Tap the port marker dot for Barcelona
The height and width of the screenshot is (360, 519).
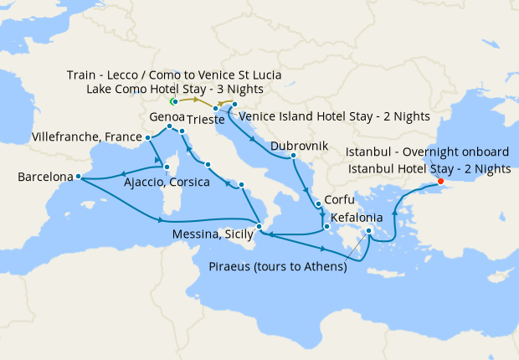(x=77, y=176)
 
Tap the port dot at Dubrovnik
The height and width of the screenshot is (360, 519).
(x=293, y=155)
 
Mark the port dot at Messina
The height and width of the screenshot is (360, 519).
(x=259, y=227)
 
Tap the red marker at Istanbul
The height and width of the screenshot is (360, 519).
(x=440, y=182)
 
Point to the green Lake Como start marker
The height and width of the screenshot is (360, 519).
(x=174, y=101)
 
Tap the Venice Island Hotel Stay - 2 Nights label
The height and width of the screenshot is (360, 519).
(x=335, y=116)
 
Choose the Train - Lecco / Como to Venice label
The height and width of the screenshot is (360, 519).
(x=173, y=75)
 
